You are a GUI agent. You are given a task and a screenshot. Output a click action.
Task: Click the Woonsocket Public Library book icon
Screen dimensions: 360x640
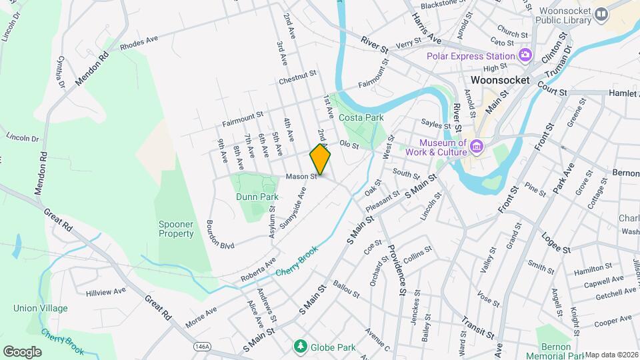pyautogui.click(x=602, y=13)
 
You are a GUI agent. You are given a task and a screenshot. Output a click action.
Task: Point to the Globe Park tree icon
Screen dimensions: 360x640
pyautogui.click(x=301, y=346)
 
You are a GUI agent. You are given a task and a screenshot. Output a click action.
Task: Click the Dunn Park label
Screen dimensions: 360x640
pyautogui.click(x=257, y=197)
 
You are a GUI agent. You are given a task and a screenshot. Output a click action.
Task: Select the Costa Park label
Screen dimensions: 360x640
pyautogui.click(x=361, y=117)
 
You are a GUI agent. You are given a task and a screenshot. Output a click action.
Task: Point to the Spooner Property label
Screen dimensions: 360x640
pyautogui.click(x=176, y=229)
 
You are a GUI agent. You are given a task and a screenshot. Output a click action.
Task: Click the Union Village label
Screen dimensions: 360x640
pyautogui.click(x=41, y=308)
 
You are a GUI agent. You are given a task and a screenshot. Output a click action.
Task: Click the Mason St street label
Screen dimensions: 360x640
pyautogui.click(x=301, y=177)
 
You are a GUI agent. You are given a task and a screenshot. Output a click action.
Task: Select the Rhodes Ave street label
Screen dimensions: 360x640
pyautogui.click(x=139, y=43)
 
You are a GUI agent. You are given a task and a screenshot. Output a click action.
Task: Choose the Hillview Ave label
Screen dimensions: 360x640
pyautogui.click(x=106, y=291)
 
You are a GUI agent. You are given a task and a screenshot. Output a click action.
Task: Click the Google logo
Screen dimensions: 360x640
pyautogui.click(x=22, y=351)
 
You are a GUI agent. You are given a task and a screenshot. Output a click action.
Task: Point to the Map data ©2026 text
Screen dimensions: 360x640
pyautogui.click(x=611, y=355)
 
